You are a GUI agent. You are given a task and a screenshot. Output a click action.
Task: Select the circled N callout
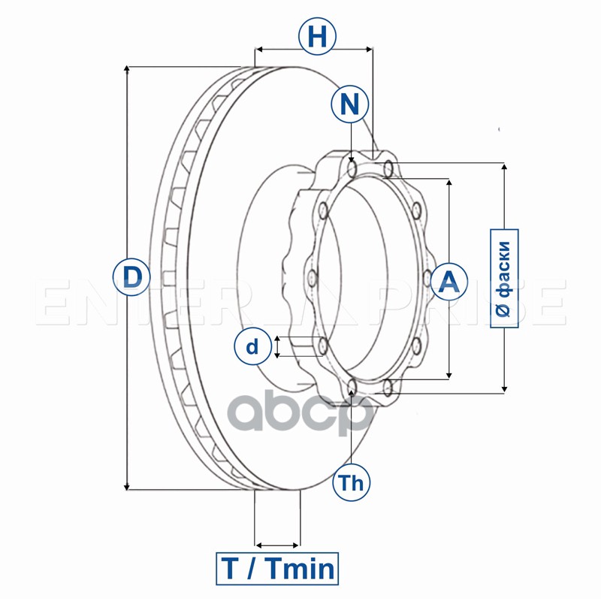pos(349,104)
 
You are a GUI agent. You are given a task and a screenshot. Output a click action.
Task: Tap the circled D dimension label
pos(131,277)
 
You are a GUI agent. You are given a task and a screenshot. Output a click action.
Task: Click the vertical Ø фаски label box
pos(504,277)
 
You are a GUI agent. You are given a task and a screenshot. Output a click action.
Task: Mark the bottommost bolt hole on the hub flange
pos(353,388)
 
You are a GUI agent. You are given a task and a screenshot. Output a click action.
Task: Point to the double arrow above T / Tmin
pos(277,545)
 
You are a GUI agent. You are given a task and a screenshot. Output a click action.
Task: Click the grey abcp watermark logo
pos(300,415)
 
